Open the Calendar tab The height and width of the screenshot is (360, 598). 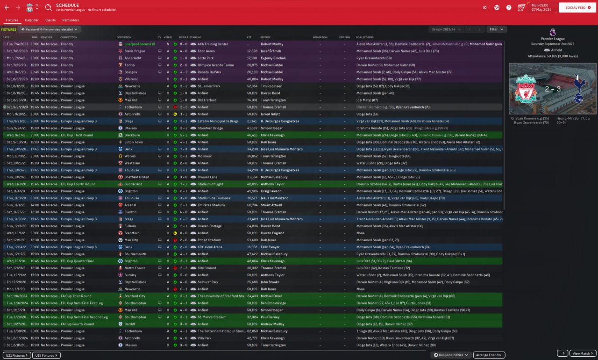click(x=32, y=20)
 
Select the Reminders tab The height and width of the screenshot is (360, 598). click(x=71, y=20)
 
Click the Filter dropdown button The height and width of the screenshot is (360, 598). click(x=496, y=29)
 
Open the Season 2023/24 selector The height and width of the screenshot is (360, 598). click(x=446, y=29)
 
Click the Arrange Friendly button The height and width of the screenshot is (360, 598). click(x=489, y=355)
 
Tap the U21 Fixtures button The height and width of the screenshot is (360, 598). click(x=17, y=355)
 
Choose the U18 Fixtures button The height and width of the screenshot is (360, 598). click(x=46, y=355)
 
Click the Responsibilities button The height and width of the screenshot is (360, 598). click(x=450, y=355)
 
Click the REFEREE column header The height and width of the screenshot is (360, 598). click(x=265, y=37)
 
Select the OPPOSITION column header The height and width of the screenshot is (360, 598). click(x=125, y=37)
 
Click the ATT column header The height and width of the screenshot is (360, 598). click(x=249, y=37)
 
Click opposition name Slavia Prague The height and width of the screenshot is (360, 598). click(x=135, y=51)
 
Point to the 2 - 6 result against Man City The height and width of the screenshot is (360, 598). click(x=184, y=240)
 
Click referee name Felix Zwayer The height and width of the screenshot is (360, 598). click(x=271, y=247)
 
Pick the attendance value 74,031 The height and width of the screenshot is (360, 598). click(x=252, y=100)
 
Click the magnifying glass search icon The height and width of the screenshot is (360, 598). click(x=49, y=7)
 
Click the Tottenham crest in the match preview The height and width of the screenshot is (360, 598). click(x=578, y=89)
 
